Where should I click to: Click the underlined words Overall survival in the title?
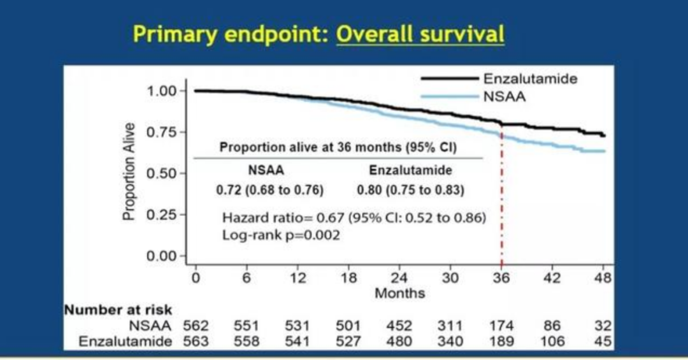(x=420, y=34)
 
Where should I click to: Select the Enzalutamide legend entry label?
(x=530, y=79)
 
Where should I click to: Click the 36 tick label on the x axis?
(x=501, y=278)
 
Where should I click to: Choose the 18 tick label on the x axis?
(x=348, y=278)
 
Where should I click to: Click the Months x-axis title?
(x=399, y=294)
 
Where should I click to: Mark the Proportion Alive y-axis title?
(x=130, y=172)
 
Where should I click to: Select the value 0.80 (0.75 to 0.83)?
(x=410, y=190)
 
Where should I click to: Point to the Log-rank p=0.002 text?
(x=280, y=234)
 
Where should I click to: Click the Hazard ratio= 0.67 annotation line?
(x=354, y=218)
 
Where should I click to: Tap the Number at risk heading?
(x=118, y=310)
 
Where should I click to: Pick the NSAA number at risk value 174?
(x=501, y=326)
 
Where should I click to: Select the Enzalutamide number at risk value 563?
(x=196, y=342)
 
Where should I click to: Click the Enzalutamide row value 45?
(x=603, y=342)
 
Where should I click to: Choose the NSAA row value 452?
(x=399, y=326)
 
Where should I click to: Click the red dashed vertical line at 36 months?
(x=502, y=210)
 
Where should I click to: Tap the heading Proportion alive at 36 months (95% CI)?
(x=338, y=147)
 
